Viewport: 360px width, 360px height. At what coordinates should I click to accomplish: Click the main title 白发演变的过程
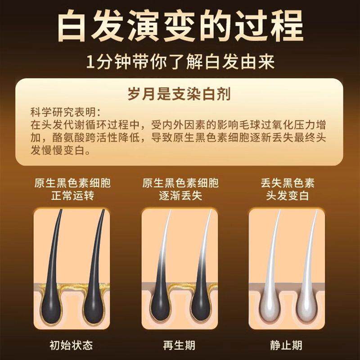coord(180,26)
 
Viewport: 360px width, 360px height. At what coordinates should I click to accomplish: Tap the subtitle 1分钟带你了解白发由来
coord(180,62)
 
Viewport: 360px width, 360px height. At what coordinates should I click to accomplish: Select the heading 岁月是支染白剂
coord(179,94)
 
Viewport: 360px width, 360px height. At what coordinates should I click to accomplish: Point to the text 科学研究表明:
coord(66,112)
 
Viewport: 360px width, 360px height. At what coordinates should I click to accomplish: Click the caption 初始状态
coord(71,345)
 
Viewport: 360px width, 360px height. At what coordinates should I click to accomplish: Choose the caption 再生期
coord(179,345)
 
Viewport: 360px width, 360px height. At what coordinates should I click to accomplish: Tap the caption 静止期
coord(286,345)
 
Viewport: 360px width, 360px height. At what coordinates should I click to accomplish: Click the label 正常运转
coord(72,196)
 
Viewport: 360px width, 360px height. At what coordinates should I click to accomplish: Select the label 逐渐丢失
coord(180,196)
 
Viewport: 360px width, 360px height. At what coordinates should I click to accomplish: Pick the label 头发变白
coord(288,196)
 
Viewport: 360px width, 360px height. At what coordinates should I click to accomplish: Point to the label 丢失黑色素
coord(288,183)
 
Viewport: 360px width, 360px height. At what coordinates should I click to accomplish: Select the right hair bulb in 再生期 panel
coord(200,306)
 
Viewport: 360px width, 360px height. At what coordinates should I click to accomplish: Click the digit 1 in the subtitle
coord(91,62)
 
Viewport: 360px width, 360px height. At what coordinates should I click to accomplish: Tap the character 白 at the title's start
coord(73,26)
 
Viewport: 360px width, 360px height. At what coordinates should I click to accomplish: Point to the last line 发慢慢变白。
coord(61,150)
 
